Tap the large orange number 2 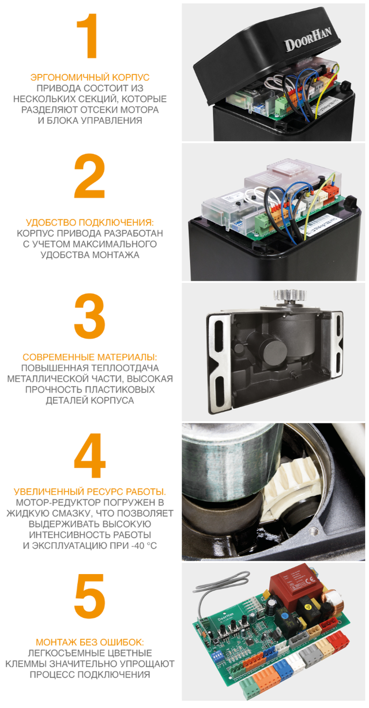[x=89, y=176]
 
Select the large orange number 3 [x=89, y=316]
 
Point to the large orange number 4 [x=89, y=455]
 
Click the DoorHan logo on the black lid [x=308, y=40]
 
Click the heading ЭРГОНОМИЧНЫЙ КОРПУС [x=90, y=77]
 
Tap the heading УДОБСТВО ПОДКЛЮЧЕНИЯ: [x=89, y=222]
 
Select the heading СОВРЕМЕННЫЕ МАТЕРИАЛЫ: [x=89, y=357]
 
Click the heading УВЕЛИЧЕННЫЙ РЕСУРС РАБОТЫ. [x=89, y=492]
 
